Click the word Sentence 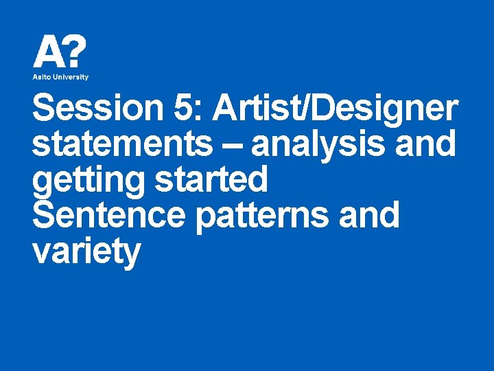pos(109,215)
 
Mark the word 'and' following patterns pos(375,215)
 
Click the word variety pos(86,251)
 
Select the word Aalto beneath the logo pos(43,77)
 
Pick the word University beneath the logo pos(71,77)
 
